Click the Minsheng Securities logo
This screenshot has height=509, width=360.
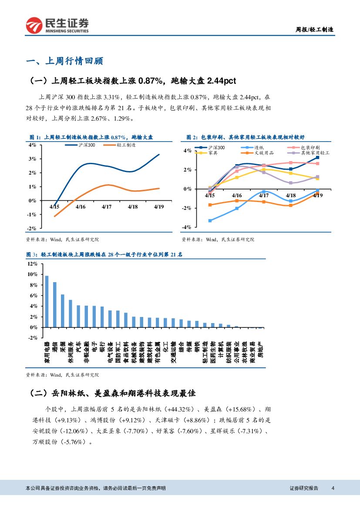(57, 25)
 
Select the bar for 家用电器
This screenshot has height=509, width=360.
(47, 301)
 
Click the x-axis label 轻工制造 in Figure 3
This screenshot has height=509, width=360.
(205, 352)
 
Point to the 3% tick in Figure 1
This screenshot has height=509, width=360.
(32, 159)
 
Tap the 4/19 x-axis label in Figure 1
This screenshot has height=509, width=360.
(158, 207)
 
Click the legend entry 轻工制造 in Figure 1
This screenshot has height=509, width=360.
(126, 145)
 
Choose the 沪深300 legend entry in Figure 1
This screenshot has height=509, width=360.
(87, 145)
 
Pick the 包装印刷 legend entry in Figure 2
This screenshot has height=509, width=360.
(310, 148)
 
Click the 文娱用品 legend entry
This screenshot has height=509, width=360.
(264, 153)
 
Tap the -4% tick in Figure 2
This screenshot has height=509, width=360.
(186, 227)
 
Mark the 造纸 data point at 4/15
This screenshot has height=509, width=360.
(210, 221)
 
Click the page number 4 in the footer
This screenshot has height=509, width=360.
(333, 488)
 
